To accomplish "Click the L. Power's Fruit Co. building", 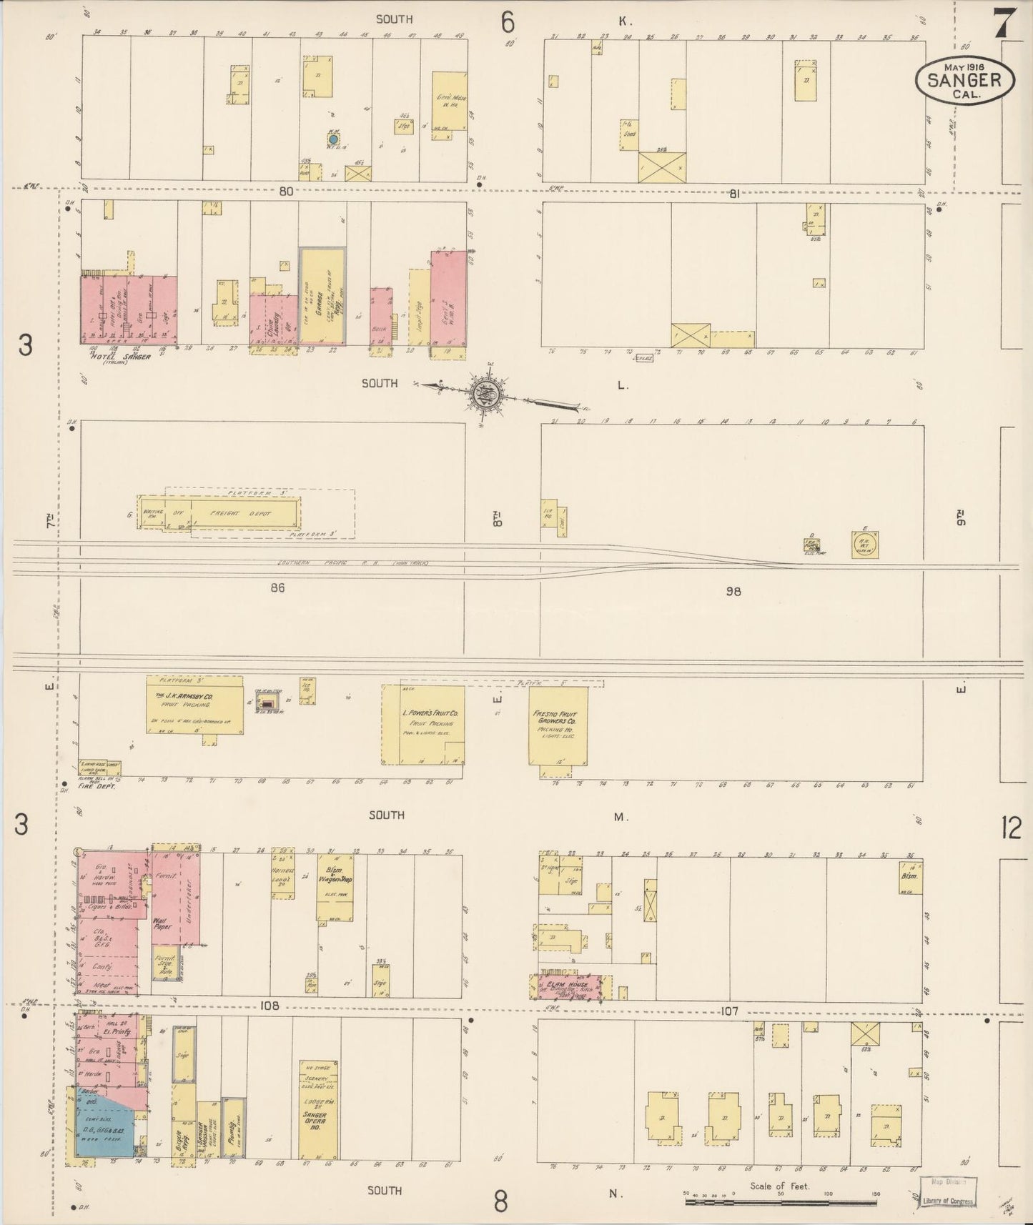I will [422, 725].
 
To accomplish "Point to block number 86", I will [278, 587].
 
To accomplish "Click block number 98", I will [733, 591].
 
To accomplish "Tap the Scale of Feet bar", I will [780, 1202].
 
